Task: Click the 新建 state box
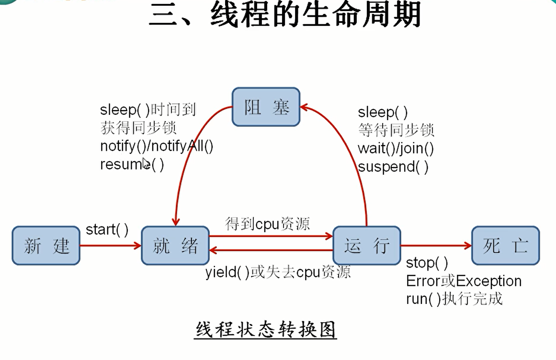click(46, 246)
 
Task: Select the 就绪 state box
click(175, 246)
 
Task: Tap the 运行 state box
click(366, 246)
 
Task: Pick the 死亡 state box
click(505, 246)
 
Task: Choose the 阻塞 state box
click(266, 107)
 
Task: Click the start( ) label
click(107, 230)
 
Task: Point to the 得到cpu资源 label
click(268, 224)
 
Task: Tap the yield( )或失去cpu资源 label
click(278, 272)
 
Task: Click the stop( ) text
click(427, 263)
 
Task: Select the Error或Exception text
click(464, 281)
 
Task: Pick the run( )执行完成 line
click(454, 299)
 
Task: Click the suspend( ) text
click(393, 167)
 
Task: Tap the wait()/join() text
click(396, 148)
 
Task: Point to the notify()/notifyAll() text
click(157, 146)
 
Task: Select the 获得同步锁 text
click(138, 128)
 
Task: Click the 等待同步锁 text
click(396, 130)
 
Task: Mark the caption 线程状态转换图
click(265, 330)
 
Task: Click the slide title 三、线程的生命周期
click(284, 15)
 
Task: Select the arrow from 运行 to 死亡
click(436, 246)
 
